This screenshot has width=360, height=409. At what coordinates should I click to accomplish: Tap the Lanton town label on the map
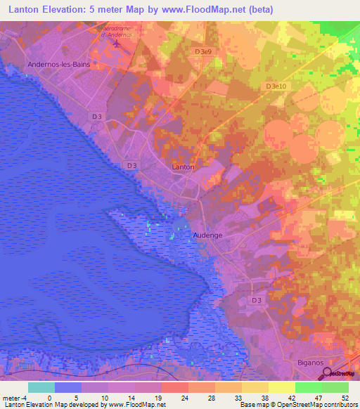click(183, 167)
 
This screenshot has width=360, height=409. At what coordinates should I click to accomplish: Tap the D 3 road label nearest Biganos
click(257, 300)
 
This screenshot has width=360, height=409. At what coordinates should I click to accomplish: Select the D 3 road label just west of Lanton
click(131, 164)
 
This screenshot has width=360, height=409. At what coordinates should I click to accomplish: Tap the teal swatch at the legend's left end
click(41, 387)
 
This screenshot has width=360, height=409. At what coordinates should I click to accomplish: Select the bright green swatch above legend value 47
click(309, 387)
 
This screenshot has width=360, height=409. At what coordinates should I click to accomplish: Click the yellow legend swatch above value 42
click(282, 387)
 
